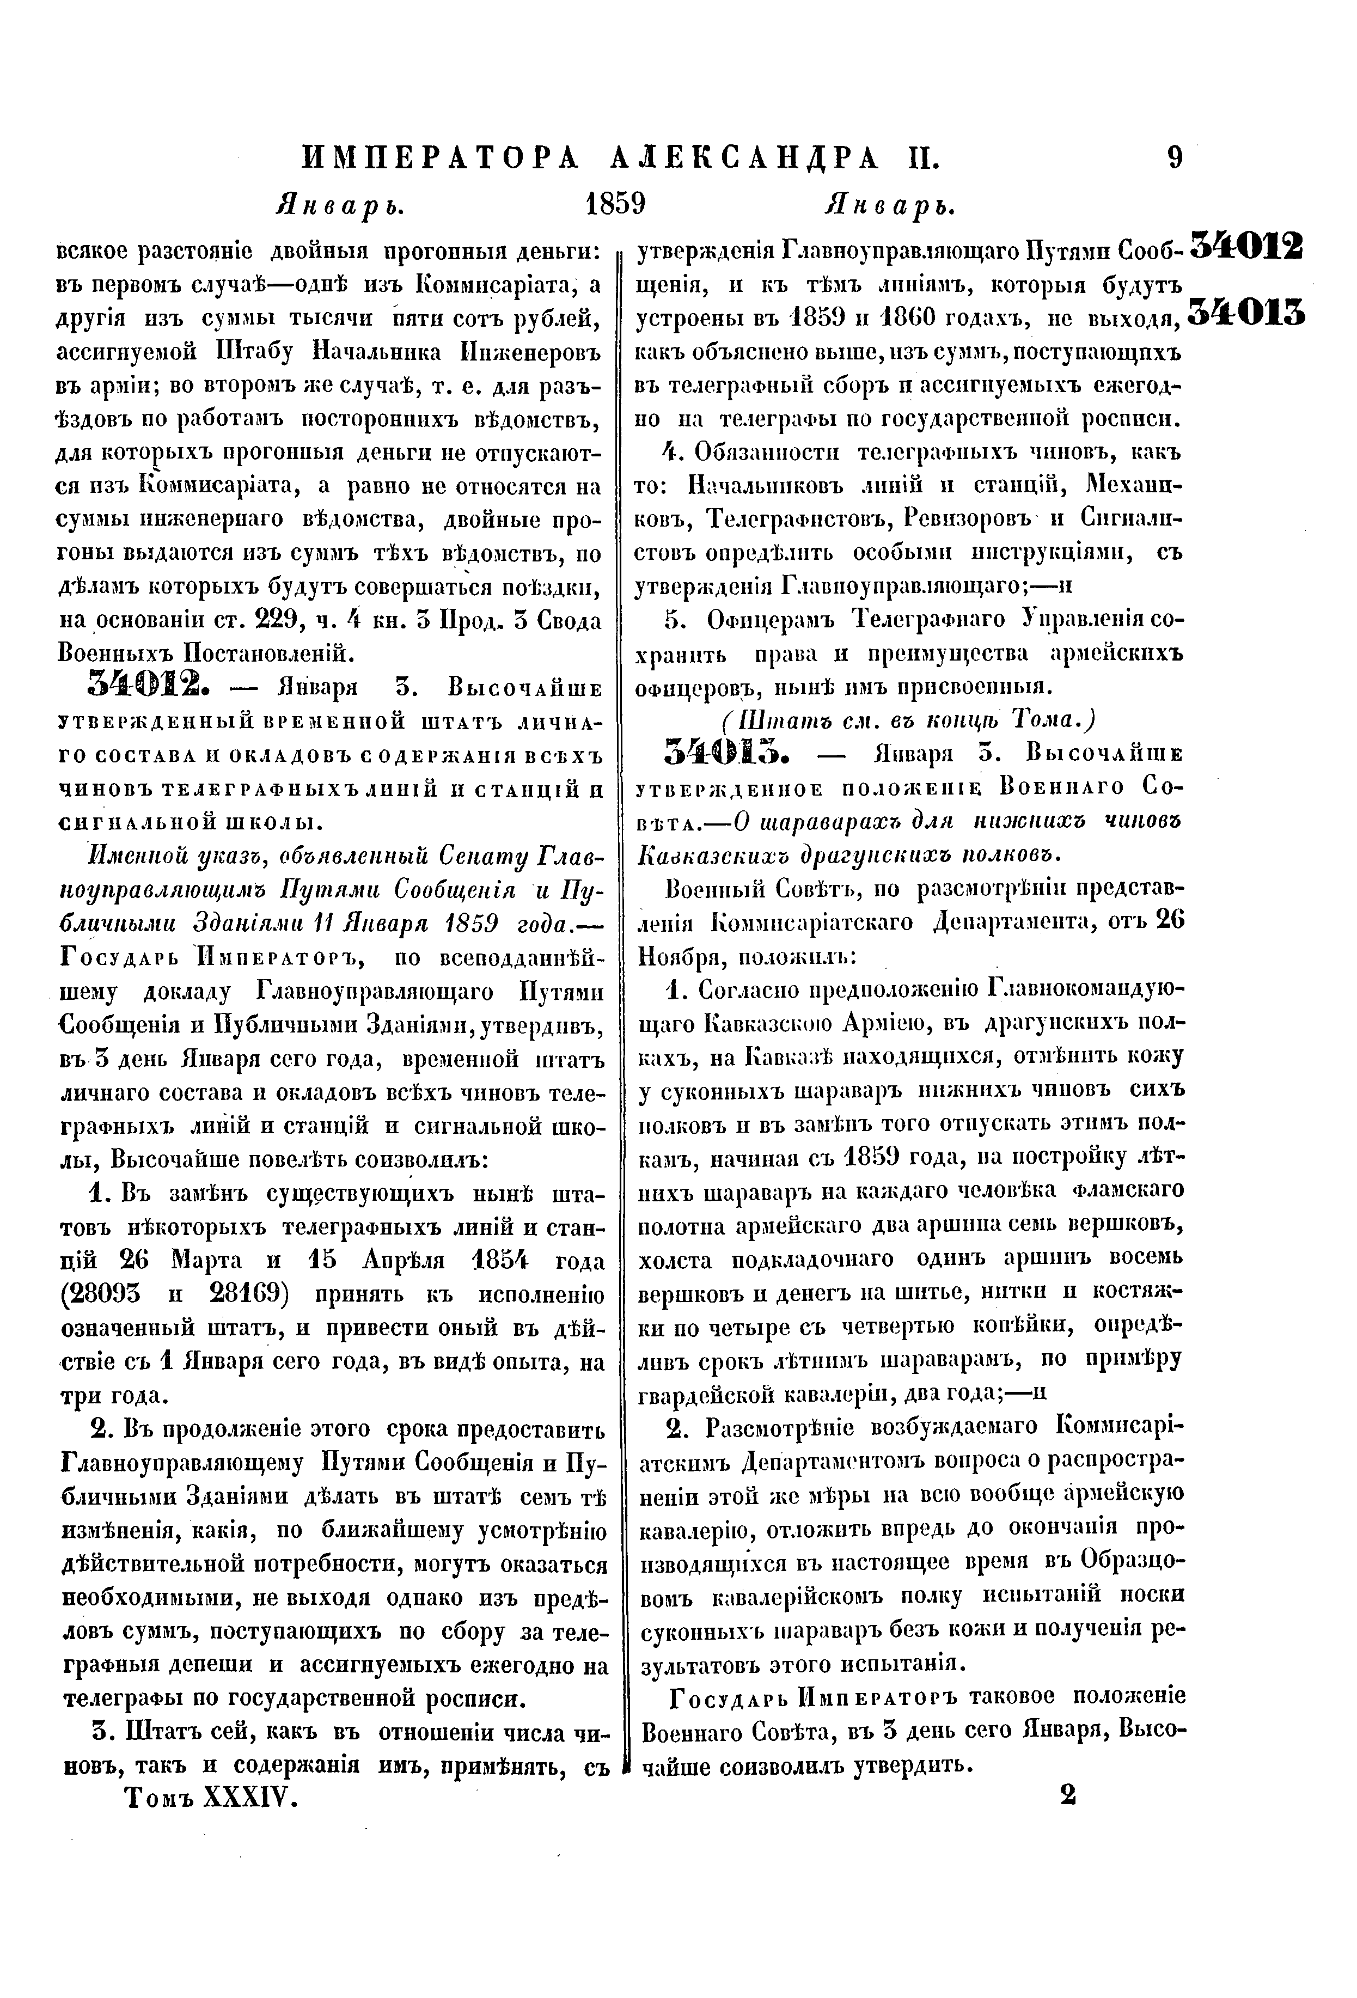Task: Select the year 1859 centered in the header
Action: pyautogui.click(x=615, y=205)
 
